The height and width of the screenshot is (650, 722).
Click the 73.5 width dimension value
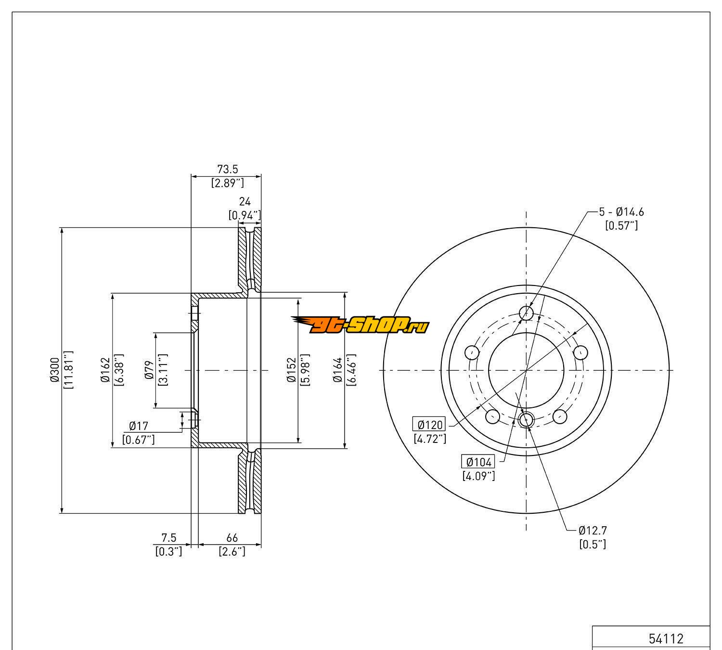click(228, 169)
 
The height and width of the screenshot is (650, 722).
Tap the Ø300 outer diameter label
click(55, 369)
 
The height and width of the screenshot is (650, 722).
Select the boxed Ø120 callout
click(429, 425)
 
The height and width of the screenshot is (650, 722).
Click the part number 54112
click(666, 638)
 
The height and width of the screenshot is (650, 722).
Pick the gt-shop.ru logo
click(361, 325)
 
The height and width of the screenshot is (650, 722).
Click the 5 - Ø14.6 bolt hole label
click(621, 212)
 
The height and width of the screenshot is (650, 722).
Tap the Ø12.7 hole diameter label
click(593, 531)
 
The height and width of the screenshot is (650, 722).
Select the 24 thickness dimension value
click(245, 201)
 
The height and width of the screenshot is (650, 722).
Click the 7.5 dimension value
click(168, 538)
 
